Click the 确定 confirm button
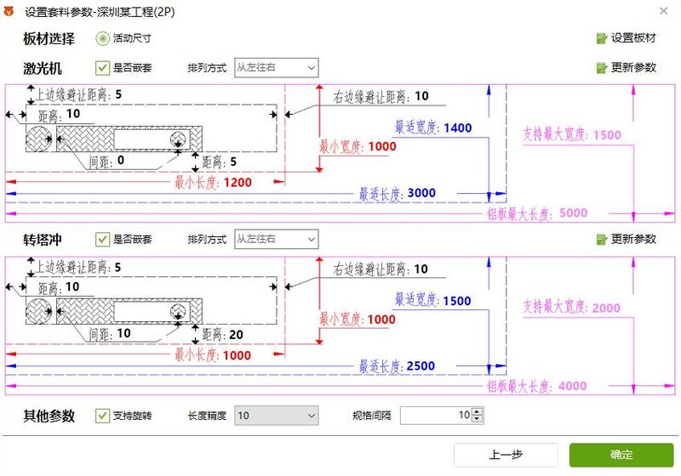click(621, 455)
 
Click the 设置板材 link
click(627, 38)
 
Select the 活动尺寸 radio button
click(102, 38)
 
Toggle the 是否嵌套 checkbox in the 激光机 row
click(102, 68)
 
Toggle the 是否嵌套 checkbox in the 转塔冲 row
click(102, 240)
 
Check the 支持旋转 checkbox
click(102, 416)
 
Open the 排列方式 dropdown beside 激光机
click(276, 68)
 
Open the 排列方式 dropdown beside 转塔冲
click(276, 240)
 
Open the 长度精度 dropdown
click(276, 416)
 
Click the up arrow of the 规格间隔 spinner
click(477, 412)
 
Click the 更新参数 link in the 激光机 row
click(627, 68)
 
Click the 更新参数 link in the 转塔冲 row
click(627, 240)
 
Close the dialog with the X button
click(663, 11)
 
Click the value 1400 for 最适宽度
click(458, 127)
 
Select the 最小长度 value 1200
click(237, 183)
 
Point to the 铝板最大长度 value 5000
click(573, 212)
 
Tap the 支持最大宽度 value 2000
click(606, 308)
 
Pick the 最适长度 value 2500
click(421, 365)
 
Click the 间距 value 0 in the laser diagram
click(121, 161)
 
